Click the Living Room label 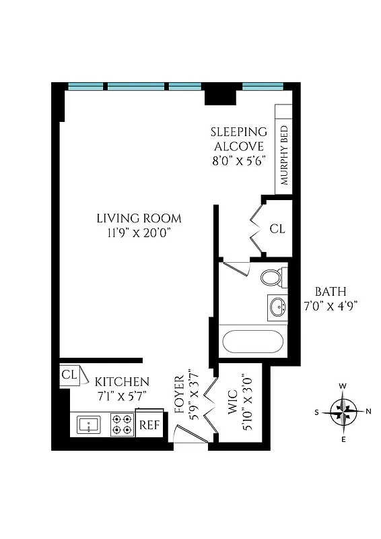coord(139,218)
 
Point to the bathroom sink coord(277,307)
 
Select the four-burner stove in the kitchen coord(122,424)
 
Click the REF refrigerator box coord(149,426)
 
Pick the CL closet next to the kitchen coord(69,375)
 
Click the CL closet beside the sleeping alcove coord(277,229)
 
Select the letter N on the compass coord(368,411)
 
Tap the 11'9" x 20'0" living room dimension coord(139,232)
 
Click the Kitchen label coord(122,382)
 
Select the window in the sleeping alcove coord(262,86)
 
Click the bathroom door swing coord(236,267)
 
